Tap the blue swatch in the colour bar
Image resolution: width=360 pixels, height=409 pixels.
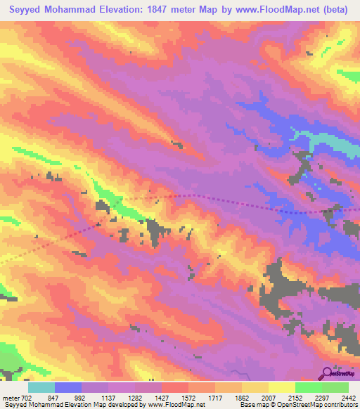pyautogui.click(x=68, y=387)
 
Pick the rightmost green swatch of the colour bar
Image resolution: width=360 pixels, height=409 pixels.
pyautogui.click(x=335, y=387)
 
